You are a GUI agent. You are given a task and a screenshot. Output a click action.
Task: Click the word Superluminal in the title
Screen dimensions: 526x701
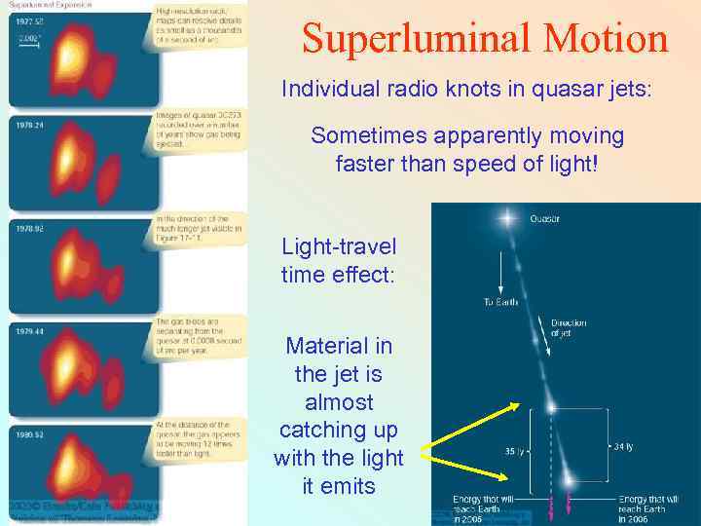click(413, 39)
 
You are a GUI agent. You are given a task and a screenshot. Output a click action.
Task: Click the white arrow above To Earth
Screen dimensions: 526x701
click(500, 278)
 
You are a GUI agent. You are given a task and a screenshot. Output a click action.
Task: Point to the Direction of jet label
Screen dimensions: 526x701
click(569, 328)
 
